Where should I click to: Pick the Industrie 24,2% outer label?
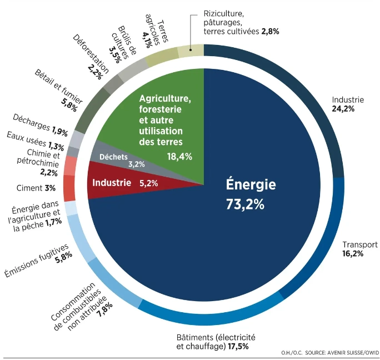pos(348,104)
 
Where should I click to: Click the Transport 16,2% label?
pos(359,249)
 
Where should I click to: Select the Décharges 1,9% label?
pos(39,118)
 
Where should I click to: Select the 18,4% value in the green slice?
pos(179,157)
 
